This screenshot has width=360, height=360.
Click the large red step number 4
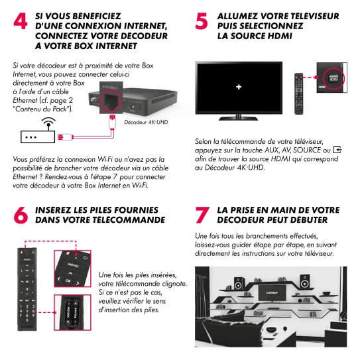point(21,21)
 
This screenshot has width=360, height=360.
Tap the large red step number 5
point(202,21)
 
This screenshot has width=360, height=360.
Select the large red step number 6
point(21,215)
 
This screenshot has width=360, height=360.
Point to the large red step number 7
point(202,215)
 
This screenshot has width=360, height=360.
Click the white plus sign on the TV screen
point(239,87)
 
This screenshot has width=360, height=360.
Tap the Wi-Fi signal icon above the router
point(48,122)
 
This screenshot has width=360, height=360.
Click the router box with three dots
point(38,137)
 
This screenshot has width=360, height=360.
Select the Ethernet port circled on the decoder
point(111,101)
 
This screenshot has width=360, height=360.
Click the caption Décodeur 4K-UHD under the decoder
point(146,122)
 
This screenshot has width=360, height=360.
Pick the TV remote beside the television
point(299,93)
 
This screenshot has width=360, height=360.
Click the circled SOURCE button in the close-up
point(333,78)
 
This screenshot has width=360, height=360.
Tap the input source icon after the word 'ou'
point(337,150)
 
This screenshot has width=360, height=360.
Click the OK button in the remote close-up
point(68,280)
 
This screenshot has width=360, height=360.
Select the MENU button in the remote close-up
point(73,265)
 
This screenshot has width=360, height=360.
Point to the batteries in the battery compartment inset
point(72,312)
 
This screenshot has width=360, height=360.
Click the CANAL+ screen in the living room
point(272,293)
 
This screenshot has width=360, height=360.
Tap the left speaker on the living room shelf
point(238,283)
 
